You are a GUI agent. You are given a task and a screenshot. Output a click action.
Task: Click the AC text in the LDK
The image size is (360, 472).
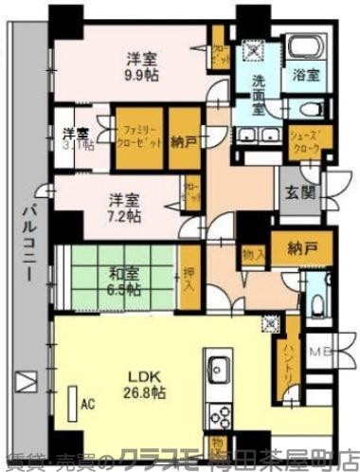pyautogui.click(x=88, y=405)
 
